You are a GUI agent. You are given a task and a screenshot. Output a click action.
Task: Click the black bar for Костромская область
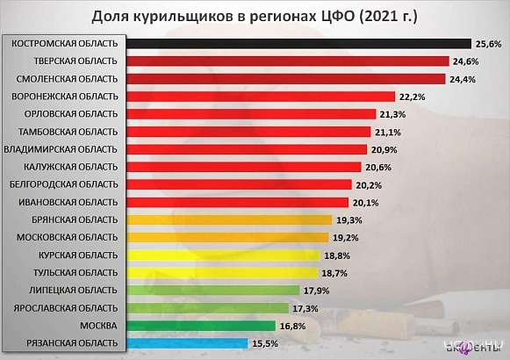pos(299,43)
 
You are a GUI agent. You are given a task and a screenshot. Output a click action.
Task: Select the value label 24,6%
pos(464,61)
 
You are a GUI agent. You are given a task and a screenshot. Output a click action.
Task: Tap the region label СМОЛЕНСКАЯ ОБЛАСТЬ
pos(62,78)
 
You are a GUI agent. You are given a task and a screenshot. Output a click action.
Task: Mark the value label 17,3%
pos(305,308)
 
